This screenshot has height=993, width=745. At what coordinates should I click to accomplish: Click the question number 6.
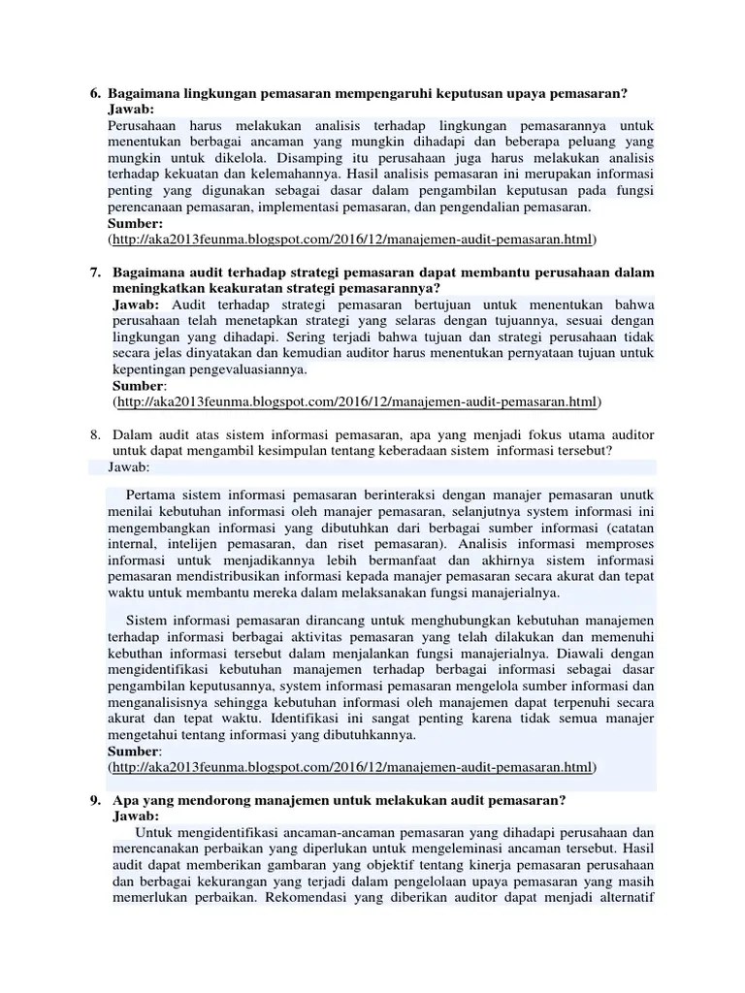coord(94,93)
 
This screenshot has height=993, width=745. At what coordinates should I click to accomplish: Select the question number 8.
coord(94,434)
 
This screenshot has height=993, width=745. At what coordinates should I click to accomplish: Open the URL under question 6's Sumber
coord(352,239)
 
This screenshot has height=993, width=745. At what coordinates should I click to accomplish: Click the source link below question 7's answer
coord(356,401)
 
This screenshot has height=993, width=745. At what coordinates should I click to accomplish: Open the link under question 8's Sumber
coord(352,767)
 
